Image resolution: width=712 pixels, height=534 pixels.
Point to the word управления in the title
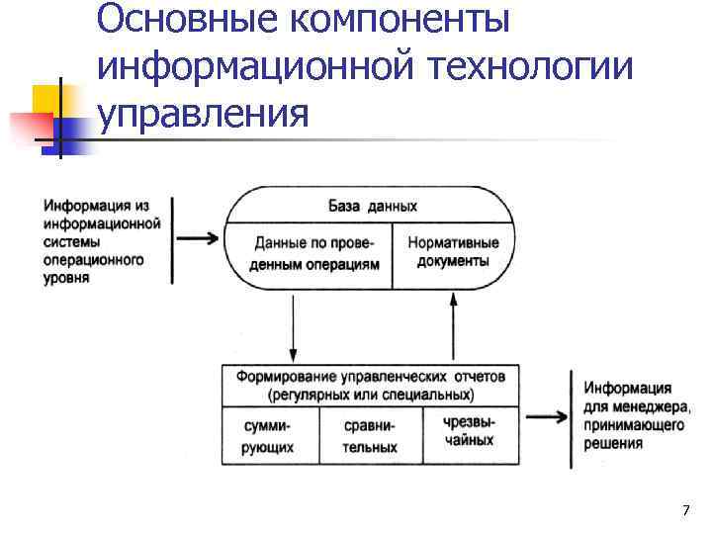(x=204, y=114)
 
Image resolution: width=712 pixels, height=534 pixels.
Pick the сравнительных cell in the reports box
(x=370, y=436)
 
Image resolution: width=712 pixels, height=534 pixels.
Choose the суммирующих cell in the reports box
(x=268, y=436)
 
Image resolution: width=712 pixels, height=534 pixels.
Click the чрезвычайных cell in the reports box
(x=470, y=430)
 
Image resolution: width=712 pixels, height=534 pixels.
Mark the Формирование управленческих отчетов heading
(x=371, y=384)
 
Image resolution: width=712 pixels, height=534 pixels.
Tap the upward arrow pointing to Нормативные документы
(x=453, y=325)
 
